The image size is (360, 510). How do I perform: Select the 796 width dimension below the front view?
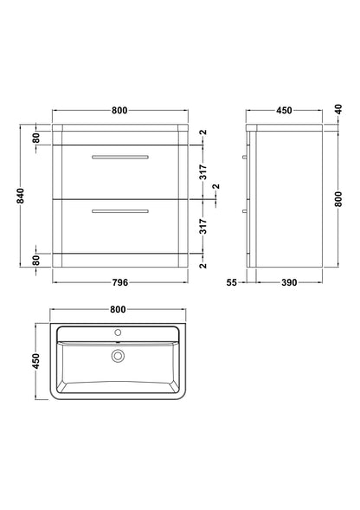pos(120,282)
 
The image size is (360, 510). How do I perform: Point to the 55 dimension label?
pos(233,282)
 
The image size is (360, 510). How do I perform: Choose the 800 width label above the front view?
pos(120,111)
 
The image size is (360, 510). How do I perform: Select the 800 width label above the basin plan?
pos(119,308)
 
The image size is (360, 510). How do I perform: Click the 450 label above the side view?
pos(284,111)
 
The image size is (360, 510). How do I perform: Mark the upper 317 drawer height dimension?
pos(203,170)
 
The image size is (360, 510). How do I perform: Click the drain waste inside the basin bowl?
pos(118,354)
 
